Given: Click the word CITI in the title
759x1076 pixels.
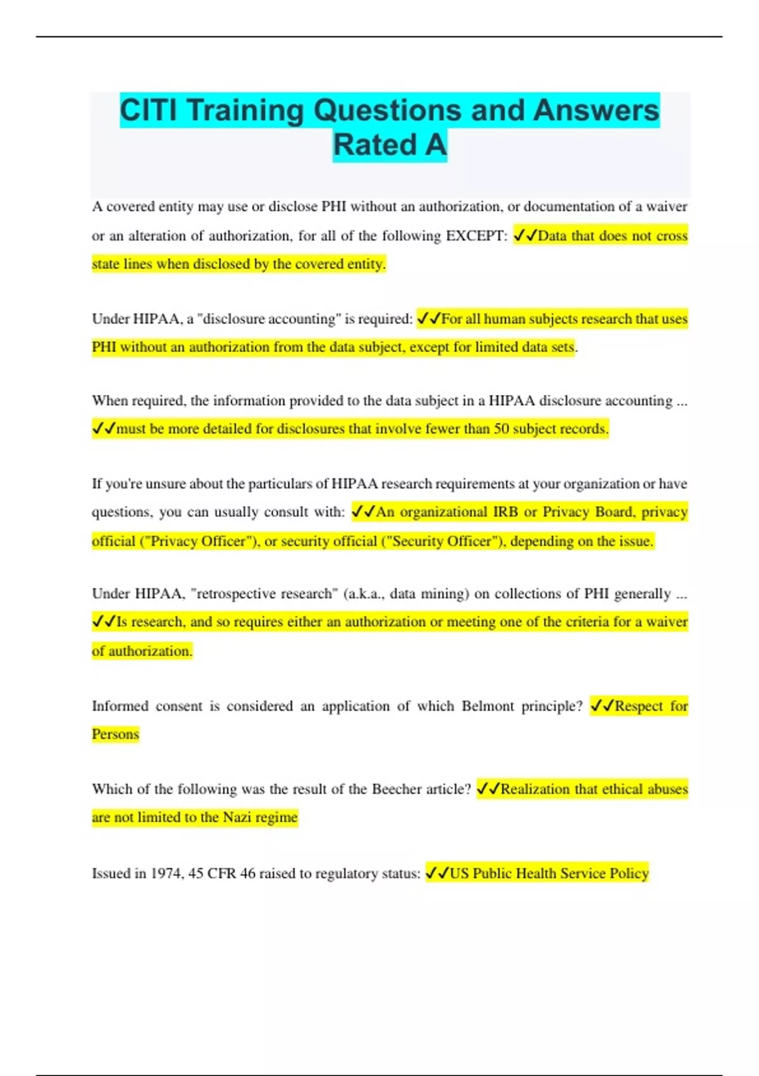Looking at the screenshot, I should [149, 110].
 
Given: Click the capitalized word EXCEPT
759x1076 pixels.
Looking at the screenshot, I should [476, 236].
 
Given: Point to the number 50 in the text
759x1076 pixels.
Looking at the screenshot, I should [501, 429].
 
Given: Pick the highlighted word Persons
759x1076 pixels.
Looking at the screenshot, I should [115, 734].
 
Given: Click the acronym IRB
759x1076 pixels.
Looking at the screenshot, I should [505, 512].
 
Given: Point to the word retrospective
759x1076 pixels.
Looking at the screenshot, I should [232, 594].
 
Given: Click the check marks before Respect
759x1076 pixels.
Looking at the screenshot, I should [602, 706].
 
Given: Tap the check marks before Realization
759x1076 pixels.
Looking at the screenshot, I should [488, 789].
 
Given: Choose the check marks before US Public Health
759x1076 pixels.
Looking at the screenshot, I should [437, 873].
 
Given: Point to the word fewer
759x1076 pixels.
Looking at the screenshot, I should [443, 429].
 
